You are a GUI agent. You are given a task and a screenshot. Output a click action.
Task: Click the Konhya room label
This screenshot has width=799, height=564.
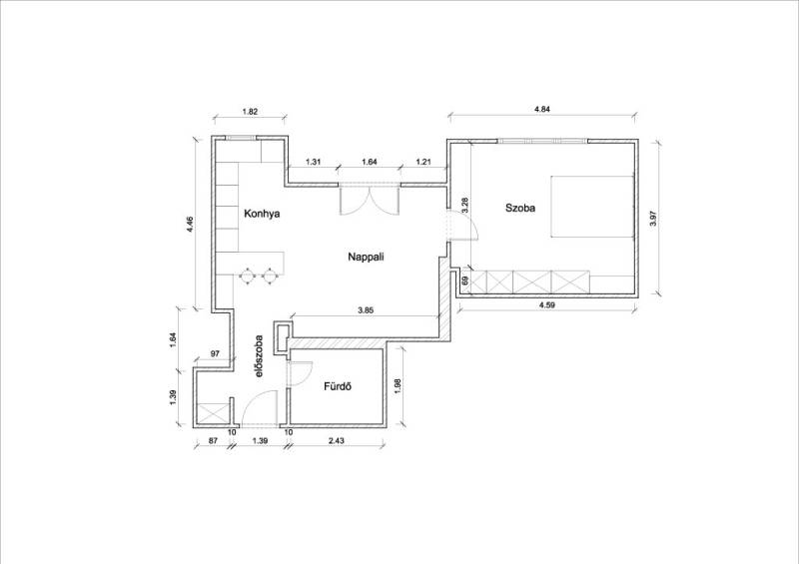(262, 214)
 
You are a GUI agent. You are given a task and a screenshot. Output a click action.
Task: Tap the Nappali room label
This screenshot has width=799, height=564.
(366, 257)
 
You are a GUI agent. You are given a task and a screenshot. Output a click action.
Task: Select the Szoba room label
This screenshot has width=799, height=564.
(520, 208)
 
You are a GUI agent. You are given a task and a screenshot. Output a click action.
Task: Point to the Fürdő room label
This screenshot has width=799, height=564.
(338, 386)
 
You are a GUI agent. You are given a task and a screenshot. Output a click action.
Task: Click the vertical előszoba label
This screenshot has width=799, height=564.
(259, 355)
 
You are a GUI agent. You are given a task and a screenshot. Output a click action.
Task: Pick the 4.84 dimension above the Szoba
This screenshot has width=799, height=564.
(542, 109)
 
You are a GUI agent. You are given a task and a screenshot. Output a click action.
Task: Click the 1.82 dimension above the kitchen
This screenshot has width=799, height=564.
(249, 111)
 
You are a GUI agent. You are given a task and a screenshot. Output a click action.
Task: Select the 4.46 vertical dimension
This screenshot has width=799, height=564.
(190, 225)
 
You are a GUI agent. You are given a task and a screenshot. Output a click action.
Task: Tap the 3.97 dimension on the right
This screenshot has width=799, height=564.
(654, 218)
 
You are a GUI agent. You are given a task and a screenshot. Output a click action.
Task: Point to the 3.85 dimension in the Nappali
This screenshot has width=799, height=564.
(367, 309)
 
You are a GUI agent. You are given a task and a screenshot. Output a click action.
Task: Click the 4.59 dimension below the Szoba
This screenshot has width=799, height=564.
(547, 305)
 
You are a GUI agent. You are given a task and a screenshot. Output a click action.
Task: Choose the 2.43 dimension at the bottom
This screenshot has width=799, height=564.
(336, 440)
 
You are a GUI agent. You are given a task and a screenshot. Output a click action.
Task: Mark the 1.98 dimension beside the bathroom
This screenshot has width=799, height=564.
(398, 385)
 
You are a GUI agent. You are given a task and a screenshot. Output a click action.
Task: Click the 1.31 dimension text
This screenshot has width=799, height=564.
(313, 162)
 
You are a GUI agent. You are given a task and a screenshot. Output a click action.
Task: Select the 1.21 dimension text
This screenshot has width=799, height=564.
(423, 162)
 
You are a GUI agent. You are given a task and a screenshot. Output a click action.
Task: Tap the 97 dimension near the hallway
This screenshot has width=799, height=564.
(215, 353)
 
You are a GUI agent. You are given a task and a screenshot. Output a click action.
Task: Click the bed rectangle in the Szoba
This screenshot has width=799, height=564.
(592, 207)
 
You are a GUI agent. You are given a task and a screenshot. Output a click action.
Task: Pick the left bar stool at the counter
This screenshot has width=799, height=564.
(247, 276)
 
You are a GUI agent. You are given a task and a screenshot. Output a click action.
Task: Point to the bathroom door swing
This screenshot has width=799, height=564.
(301, 373)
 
